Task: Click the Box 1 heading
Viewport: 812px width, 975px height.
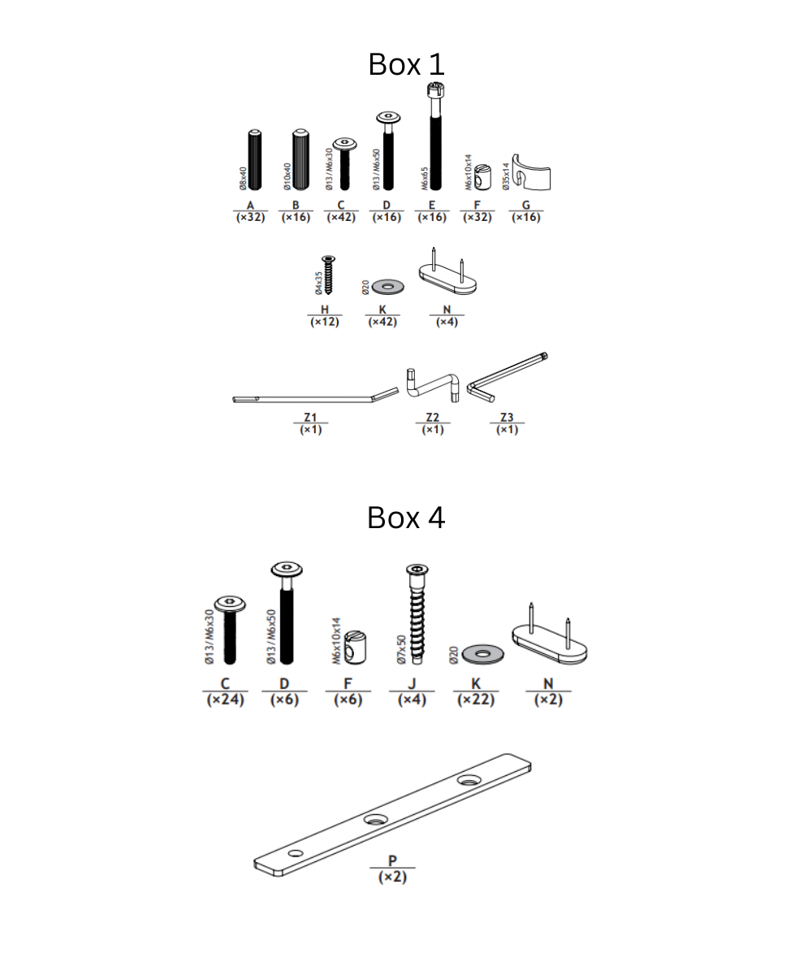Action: [406, 64]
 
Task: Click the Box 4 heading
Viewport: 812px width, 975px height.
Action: [406, 517]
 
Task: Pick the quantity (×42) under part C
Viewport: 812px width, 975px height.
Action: [341, 218]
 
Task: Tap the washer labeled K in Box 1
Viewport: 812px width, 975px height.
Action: [387, 286]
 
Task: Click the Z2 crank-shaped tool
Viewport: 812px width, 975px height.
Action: [434, 383]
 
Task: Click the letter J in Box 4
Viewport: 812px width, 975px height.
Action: [412, 684]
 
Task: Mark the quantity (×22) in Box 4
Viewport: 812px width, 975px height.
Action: [476, 700]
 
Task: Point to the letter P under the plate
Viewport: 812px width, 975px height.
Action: [393, 861]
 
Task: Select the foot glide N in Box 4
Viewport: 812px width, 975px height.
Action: [549, 642]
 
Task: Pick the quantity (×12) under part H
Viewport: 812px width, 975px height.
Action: [325, 323]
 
